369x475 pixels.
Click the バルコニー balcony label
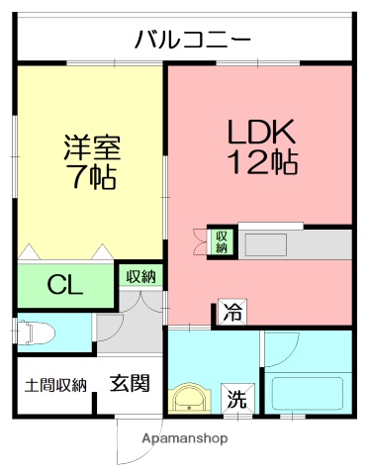click(x=192, y=41)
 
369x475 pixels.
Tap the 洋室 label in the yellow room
click(x=92, y=148)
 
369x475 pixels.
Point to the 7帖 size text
click(x=92, y=179)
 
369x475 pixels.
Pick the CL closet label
click(x=65, y=287)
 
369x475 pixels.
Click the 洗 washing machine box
click(x=237, y=400)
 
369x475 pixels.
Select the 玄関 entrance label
click(x=130, y=382)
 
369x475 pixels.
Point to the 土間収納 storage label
click(x=54, y=384)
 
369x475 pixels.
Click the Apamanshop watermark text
click(x=184, y=437)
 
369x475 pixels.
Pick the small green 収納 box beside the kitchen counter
click(x=221, y=241)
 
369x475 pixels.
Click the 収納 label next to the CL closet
click(x=140, y=276)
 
